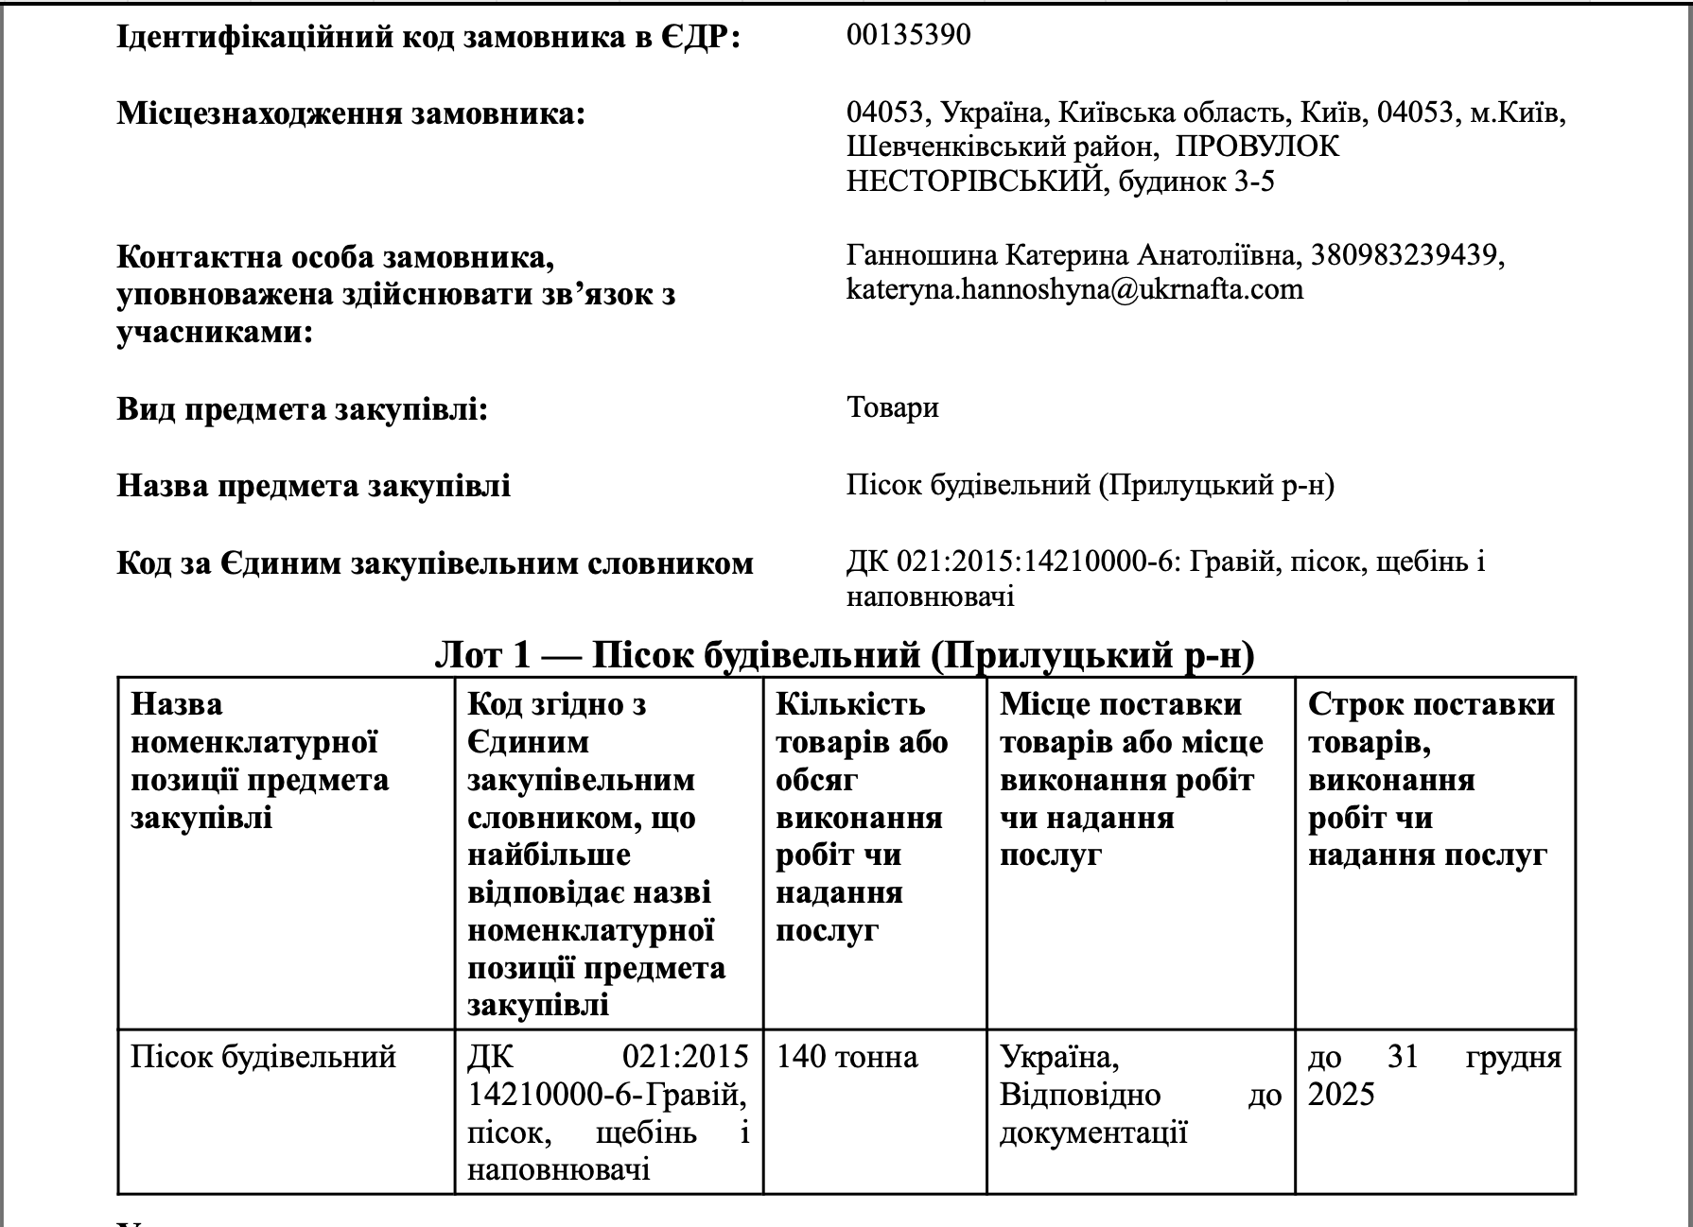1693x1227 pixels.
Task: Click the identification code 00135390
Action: tap(908, 36)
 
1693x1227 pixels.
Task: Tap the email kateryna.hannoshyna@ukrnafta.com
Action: tap(1074, 289)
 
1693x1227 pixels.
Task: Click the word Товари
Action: tap(892, 408)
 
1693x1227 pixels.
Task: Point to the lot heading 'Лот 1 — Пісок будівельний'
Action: tap(844, 655)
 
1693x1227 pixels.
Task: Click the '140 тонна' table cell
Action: tap(846, 1057)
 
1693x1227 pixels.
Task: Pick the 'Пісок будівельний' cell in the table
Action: tap(263, 1057)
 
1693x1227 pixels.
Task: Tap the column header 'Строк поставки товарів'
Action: tap(1430, 779)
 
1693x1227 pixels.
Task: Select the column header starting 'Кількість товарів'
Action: tap(861, 817)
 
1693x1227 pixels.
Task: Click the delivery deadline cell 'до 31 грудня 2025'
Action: tap(1434, 1076)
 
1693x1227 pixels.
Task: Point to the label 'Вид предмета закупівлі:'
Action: tap(303, 410)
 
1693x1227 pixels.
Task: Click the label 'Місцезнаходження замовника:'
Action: tap(351, 115)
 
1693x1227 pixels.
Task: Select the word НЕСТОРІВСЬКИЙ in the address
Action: tap(975, 181)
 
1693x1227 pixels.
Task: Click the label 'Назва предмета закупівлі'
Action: tap(313, 486)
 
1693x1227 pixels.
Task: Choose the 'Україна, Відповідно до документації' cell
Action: tap(1139, 1095)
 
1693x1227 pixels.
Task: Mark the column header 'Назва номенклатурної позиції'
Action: tap(259, 760)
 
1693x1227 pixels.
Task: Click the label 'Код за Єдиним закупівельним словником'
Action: tap(435, 563)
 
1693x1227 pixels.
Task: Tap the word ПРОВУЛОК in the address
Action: tap(1259, 147)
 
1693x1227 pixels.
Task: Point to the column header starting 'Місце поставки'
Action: tap(1131, 779)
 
